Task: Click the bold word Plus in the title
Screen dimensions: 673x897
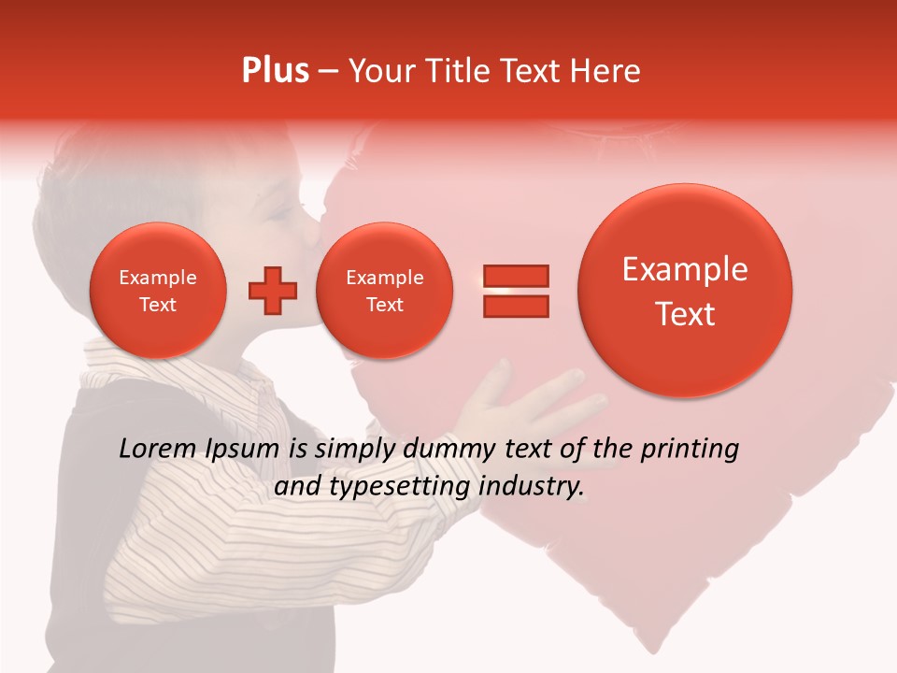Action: [275, 71]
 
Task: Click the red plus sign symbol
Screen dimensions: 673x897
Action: [272, 291]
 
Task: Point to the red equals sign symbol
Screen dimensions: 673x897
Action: [515, 291]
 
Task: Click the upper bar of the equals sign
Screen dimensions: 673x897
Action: [515, 276]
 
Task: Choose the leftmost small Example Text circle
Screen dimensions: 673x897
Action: [157, 291]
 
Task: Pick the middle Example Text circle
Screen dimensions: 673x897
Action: [384, 291]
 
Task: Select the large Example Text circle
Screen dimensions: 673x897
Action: [685, 291]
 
